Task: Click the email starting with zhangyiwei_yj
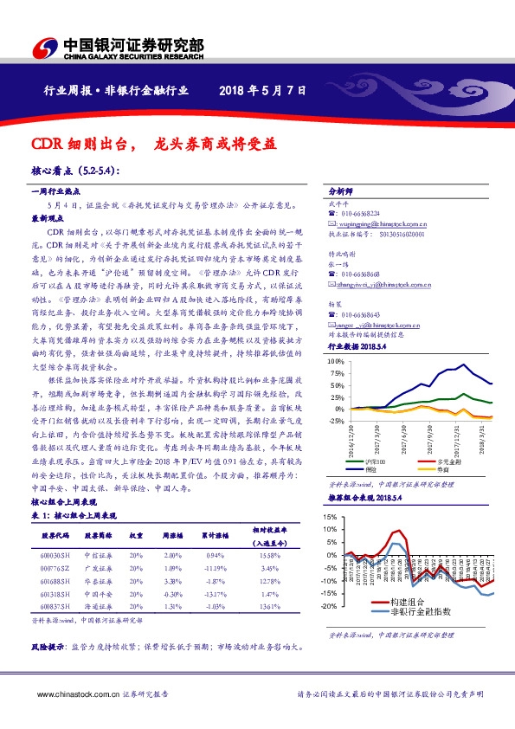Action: (x=378, y=283)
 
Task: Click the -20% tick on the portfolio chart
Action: (x=330, y=606)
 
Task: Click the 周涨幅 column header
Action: (x=173, y=536)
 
